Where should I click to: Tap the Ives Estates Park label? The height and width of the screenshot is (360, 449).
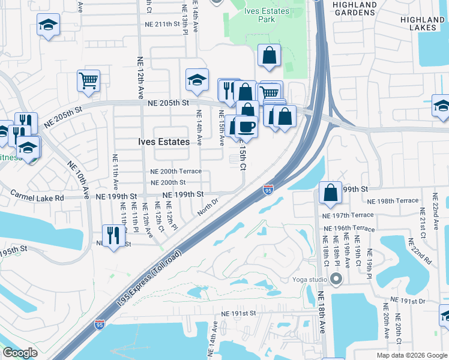click(267, 16)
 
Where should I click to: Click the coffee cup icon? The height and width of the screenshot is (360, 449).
click(246, 127)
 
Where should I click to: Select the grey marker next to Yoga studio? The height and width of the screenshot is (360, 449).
click(336, 279)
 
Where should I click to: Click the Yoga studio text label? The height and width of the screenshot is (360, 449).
click(310, 279)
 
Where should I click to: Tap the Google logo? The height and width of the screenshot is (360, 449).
click(20, 353)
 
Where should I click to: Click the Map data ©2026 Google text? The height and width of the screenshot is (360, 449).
click(411, 355)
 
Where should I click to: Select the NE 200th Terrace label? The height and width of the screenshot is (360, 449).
click(175, 172)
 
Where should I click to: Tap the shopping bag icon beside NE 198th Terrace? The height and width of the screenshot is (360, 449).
click(330, 193)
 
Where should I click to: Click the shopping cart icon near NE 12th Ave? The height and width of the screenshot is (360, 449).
click(88, 80)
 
